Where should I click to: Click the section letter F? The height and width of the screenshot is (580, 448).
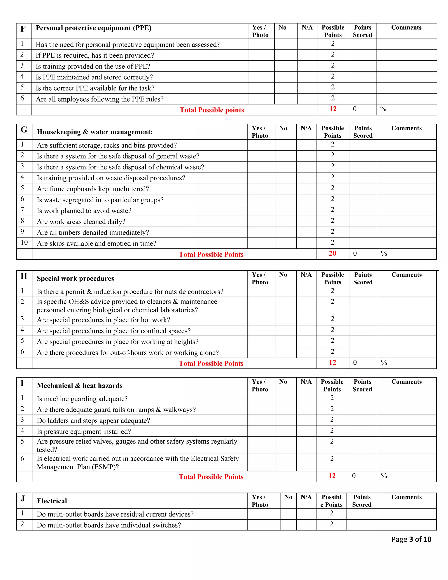coord(23,29)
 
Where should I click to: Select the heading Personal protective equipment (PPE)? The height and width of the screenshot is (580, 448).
coord(93,28)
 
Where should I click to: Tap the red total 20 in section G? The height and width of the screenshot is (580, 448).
coord(332,253)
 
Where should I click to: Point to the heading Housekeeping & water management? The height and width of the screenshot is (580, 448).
coord(94,132)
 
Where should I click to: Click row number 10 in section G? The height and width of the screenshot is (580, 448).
coord(24,242)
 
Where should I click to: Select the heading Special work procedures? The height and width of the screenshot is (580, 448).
coord(75,278)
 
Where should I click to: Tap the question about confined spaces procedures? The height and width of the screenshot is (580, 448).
coord(114,331)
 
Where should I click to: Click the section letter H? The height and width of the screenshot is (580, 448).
coord(24,276)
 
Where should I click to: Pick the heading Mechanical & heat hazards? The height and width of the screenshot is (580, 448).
coord(80,385)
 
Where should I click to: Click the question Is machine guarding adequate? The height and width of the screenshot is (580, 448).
coord(82,399)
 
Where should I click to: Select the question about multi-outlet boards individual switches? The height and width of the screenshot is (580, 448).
coord(109,525)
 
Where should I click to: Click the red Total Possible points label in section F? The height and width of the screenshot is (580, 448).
coord(212,110)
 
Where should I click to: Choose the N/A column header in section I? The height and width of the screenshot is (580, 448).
coord(306,382)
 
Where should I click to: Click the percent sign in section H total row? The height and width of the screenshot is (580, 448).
coord(384,362)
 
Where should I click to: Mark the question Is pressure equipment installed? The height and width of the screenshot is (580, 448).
coord(84,432)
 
